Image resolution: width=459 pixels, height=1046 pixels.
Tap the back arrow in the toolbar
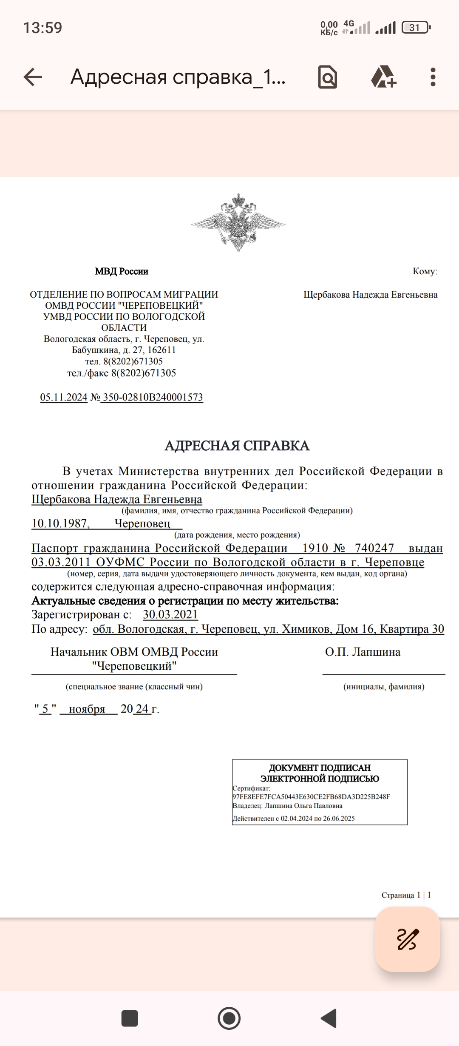pyautogui.click(x=33, y=77)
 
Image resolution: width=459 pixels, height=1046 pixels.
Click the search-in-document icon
pyautogui.click(x=328, y=77)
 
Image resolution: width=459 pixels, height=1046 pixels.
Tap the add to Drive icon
pyautogui.click(x=384, y=77)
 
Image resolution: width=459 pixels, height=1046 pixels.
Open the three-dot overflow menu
pyautogui.click(x=433, y=77)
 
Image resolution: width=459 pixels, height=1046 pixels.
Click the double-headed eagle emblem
pyautogui.click(x=238, y=223)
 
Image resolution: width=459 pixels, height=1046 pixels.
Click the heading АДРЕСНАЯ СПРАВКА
pyautogui.click(x=237, y=446)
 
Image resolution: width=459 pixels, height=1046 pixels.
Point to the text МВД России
pyautogui.click(x=122, y=271)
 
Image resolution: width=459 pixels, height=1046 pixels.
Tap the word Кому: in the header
pyautogui.click(x=425, y=271)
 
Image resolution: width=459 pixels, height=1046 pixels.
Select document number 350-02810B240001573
pyautogui.click(x=153, y=397)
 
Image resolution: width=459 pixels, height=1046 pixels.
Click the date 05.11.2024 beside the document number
pyautogui.click(x=64, y=397)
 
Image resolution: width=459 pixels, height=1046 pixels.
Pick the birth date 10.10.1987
pyautogui.click(x=60, y=523)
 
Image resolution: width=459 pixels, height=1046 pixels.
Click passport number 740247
pyautogui.click(x=374, y=548)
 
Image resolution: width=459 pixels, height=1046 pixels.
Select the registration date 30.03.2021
pyautogui.click(x=170, y=614)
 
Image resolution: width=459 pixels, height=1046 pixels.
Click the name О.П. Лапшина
pyautogui.click(x=363, y=652)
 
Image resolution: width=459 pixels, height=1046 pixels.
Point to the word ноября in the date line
pyautogui.click(x=87, y=709)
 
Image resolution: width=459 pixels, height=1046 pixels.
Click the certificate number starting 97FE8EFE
pyautogui.click(x=311, y=797)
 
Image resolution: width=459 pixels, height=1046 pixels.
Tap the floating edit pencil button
pyautogui.click(x=407, y=939)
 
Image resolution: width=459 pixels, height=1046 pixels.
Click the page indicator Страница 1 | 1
pyautogui.click(x=406, y=895)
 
